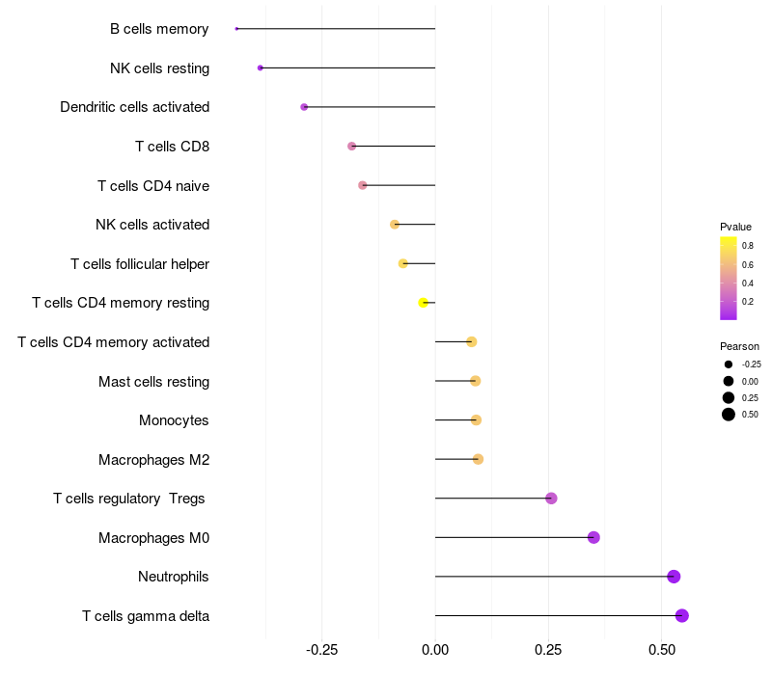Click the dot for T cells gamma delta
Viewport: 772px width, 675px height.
click(x=681, y=615)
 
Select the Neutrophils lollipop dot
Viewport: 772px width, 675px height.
click(x=674, y=577)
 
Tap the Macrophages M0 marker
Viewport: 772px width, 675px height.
click(x=593, y=537)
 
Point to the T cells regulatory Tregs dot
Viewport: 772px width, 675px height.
click(x=551, y=499)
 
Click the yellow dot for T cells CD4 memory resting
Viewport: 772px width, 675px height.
click(x=423, y=303)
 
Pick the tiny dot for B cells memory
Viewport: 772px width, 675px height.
click(x=236, y=29)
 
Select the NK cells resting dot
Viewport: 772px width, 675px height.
click(x=261, y=67)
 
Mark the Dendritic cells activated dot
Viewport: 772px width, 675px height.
click(x=304, y=107)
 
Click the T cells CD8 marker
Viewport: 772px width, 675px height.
click(x=351, y=146)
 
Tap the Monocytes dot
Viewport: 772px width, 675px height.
click(x=476, y=419)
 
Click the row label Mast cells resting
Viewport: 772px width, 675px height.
click(x=153, y=381)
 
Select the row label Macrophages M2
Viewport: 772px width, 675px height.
click(x=153, y=459)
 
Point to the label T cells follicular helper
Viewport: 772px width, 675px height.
click(x=140, y=263)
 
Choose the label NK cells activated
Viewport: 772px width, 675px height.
click(x=152, y=225)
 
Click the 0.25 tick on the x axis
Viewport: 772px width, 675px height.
click(x=548, y=650)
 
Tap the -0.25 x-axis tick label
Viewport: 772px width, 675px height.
click(x=321, y=650)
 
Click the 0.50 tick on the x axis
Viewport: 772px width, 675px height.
click(x=661, y=650)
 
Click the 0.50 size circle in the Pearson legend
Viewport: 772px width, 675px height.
click(x=728, y=415)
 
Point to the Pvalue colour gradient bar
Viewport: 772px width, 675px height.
click(x=728, y=278)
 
